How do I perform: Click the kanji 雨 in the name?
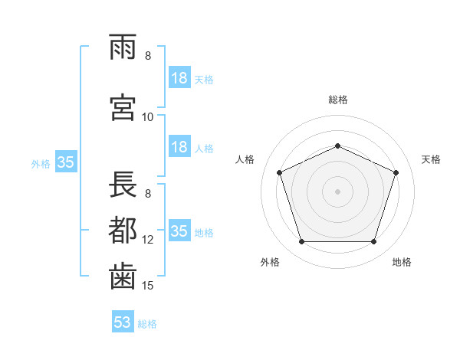123,47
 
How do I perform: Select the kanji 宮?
123,107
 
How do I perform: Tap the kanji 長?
123,184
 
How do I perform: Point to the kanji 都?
123,230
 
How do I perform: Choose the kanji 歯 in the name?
123,277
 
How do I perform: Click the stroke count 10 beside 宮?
147,117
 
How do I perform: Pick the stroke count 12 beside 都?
147,240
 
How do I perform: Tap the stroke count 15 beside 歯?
147,285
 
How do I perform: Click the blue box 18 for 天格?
180,77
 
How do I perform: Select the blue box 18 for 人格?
180,146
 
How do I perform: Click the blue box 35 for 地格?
180,230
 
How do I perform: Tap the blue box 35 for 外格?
66,162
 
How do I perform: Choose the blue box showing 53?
123,321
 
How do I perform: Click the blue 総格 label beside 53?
147,324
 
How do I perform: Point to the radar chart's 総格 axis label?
338,100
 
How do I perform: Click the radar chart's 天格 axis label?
431,159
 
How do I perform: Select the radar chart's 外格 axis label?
270,262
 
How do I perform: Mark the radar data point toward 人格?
280,172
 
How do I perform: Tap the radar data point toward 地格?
373,242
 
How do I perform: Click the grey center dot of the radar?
337,191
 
